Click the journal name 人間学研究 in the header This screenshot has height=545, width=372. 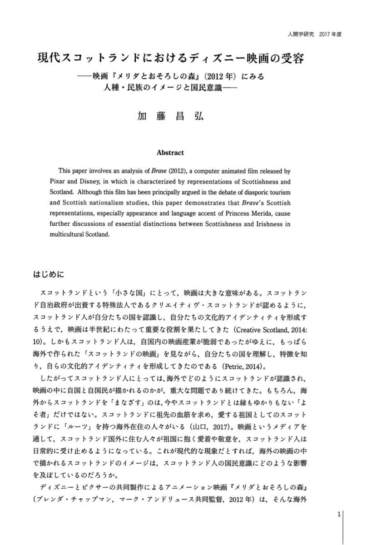(296, 34)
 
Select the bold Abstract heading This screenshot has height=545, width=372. (170, 153)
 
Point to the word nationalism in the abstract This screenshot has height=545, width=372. (106, 204)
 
